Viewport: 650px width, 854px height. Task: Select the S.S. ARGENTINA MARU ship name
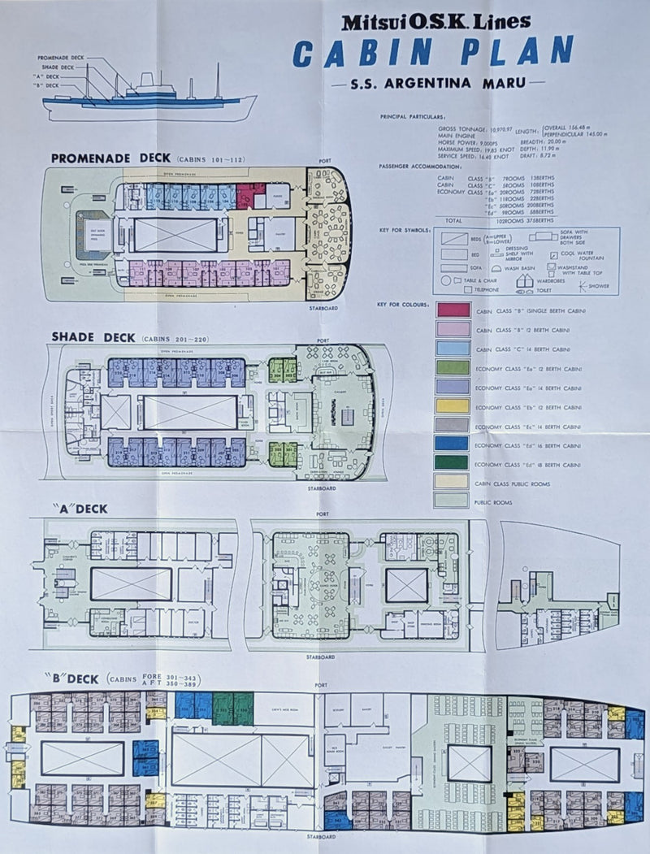tap(438, 83)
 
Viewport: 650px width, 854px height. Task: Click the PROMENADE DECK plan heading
tap(110, 158)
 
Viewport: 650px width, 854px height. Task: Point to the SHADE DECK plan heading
tap(90, 336)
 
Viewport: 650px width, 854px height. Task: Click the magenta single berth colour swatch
tap(453, 310)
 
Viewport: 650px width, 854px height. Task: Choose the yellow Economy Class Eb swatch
tap(453, 405)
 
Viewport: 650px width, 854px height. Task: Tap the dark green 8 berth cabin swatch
tap(453, 462)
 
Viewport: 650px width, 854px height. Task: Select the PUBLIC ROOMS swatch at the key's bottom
tap(453, 500)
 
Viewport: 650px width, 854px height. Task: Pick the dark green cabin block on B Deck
tap(232, 708)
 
